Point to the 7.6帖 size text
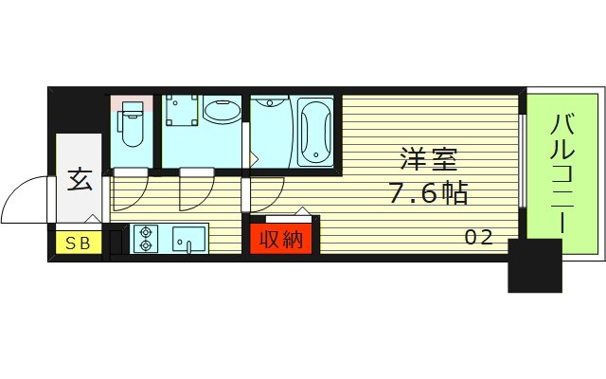[x=428, y=194]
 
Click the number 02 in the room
[x=478, y=238]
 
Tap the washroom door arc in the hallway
[x=196, y=192]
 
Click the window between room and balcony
[x=523, y=161]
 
